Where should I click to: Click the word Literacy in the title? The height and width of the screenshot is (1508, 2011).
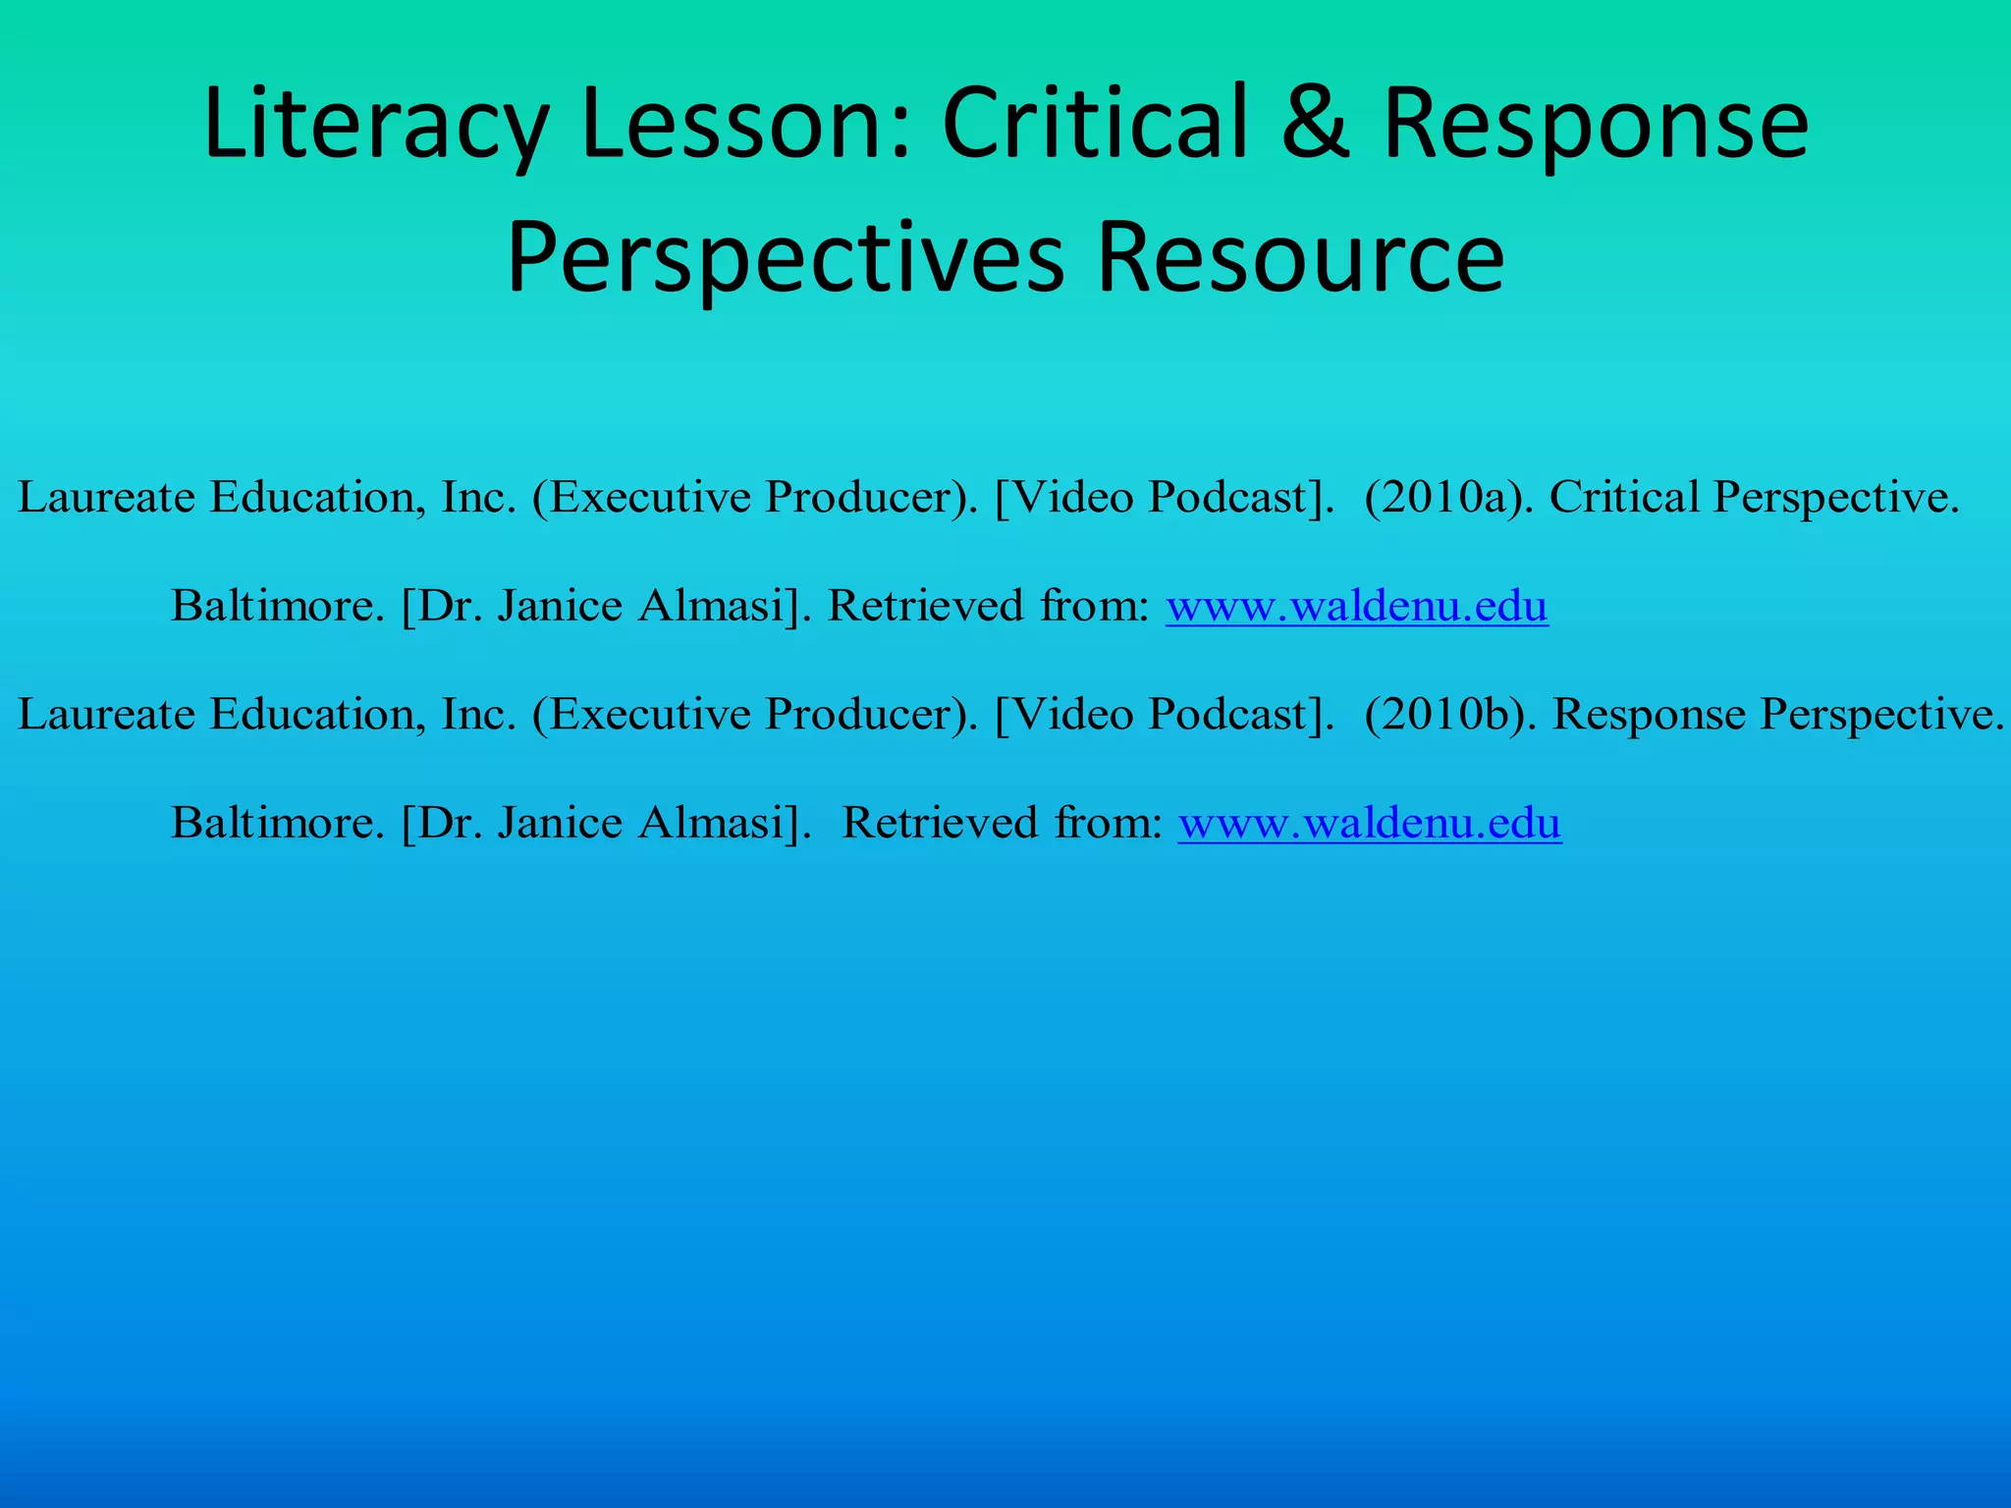(373, 126)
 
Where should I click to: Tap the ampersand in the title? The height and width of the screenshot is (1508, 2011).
(1317, 124)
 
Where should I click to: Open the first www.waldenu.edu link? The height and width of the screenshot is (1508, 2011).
(1356, 606)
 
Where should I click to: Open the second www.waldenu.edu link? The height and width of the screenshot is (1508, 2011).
(1369, 823)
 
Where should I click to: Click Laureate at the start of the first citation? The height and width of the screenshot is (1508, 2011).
(106, 497)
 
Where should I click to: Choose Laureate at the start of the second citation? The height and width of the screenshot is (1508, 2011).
(106, 714)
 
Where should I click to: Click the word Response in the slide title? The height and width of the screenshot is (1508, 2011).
(1595, 126)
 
